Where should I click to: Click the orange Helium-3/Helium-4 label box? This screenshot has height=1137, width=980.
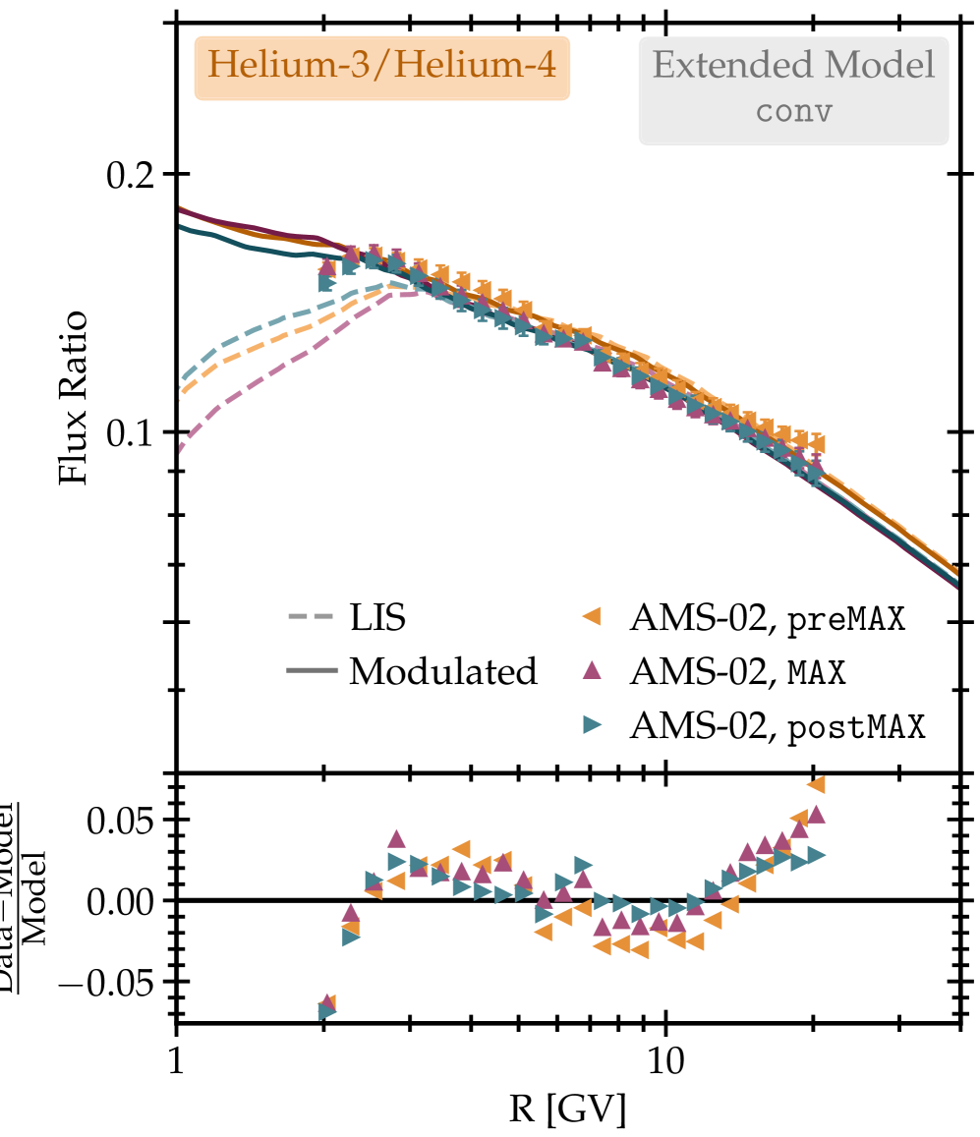(x=381, y=67)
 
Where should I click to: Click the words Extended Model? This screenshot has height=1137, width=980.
(x=793, y=67)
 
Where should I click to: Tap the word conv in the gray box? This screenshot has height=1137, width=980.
(x=793, y=110)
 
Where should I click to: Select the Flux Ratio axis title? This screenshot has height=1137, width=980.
(x=75, y=398)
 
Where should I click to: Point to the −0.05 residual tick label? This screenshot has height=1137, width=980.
(x=108, y=981)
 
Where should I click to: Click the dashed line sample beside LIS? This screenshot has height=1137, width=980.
(x=311, y=619)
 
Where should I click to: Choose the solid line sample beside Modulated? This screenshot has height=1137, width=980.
(x=311, y=672)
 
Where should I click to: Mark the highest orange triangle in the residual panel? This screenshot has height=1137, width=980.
(x=815, y=783)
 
